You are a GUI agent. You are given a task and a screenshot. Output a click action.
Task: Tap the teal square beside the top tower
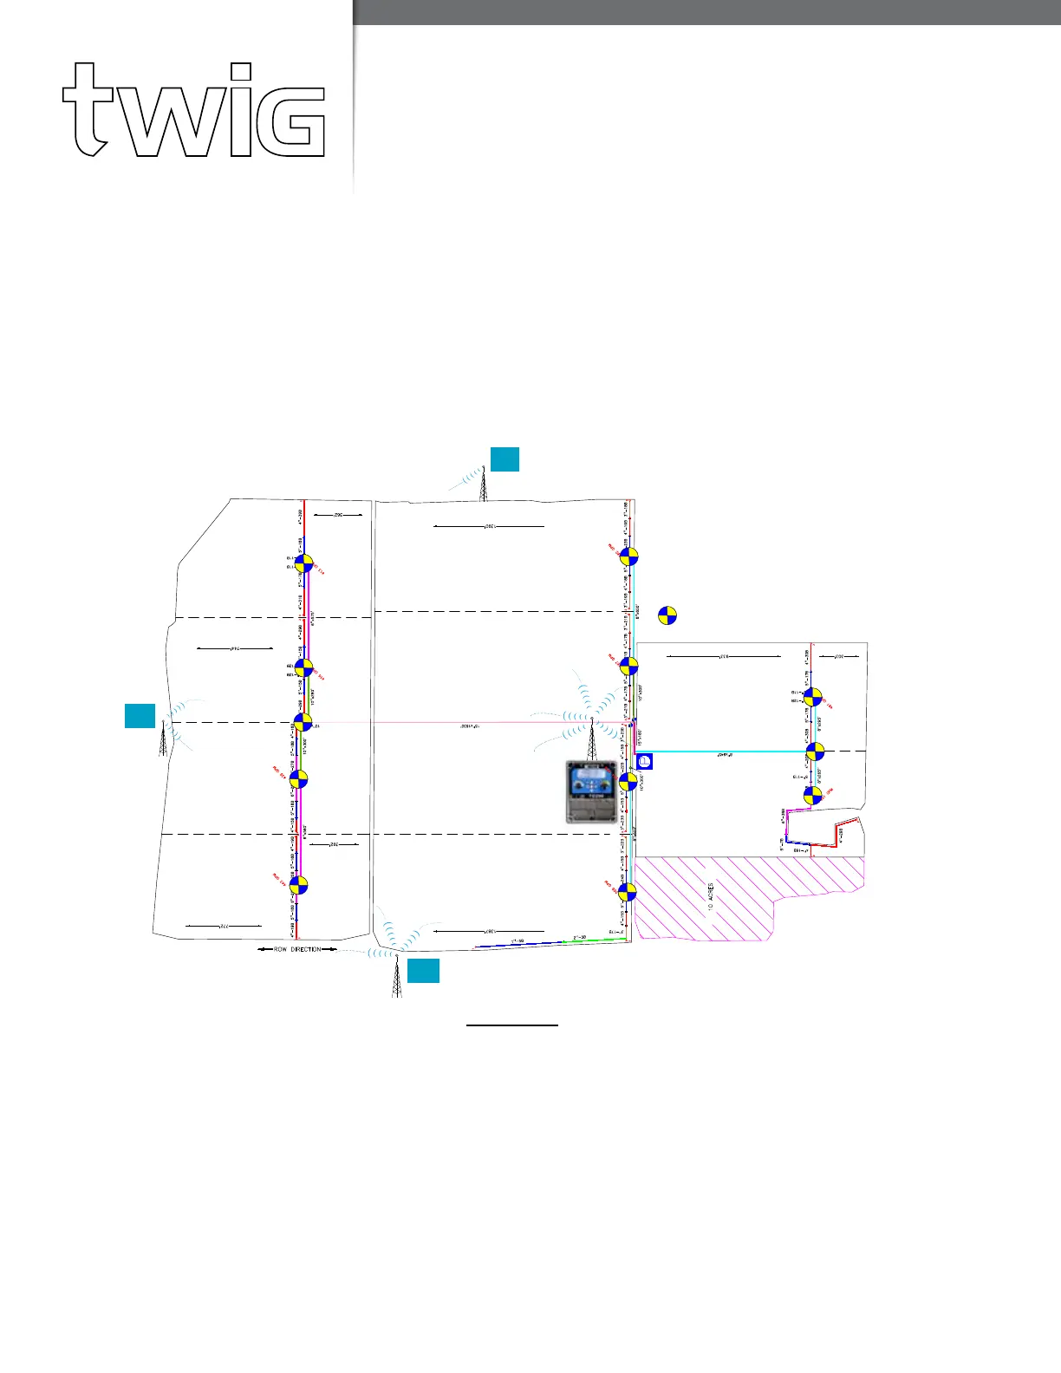click(x=504, y=459)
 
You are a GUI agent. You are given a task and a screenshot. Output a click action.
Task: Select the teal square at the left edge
click(x=140, y=716)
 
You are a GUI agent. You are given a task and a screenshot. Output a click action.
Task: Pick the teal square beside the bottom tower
click(x=423, y=971)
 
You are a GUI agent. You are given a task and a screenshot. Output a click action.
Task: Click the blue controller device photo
click(x=592, y=791)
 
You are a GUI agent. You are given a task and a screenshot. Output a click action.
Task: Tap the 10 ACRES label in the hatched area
click(x=711, y=897)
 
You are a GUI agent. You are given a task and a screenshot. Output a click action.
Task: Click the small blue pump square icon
click(x=644, y=762)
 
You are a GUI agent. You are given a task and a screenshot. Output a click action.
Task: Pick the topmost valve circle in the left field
click(x=303, y=563)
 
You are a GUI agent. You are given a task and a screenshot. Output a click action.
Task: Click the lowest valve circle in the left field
click(x=298, y=885)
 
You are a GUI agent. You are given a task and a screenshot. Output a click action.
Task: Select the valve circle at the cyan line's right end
click(x=815, y=752)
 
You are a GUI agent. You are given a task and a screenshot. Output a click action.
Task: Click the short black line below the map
click(x=511, y=1025)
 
